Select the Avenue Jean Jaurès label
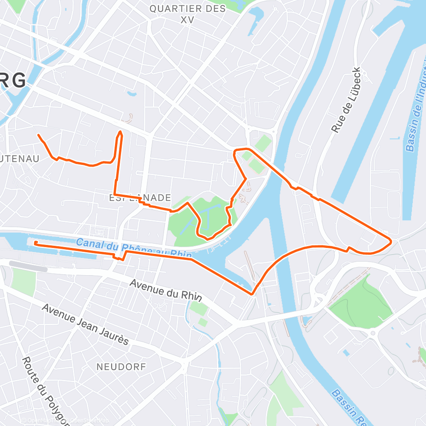pos(85,325)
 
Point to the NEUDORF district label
pos(121,366)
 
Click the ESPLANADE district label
pos(140,198)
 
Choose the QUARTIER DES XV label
pos(188,14)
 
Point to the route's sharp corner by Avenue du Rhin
pos(253,294)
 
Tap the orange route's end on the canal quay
pos(35,243)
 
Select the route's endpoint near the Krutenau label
pos(39,135)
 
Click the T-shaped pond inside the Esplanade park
pos(204,215)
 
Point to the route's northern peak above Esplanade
pos(120,132)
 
